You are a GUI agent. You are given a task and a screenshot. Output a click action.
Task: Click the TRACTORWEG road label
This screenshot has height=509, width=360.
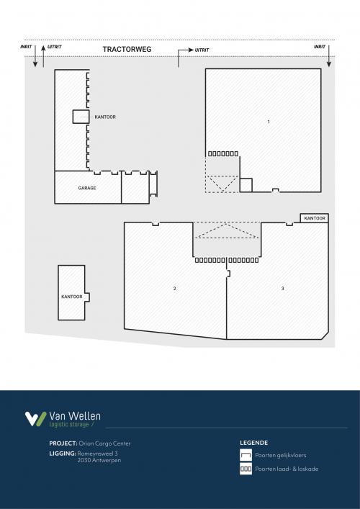[126, 50]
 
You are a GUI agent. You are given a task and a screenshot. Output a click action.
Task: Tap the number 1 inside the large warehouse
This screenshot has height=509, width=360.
[268, 122]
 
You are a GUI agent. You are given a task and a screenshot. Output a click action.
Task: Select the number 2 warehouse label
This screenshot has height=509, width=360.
[174, 289]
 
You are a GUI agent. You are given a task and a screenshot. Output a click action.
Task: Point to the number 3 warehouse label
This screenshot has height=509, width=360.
[283, 289]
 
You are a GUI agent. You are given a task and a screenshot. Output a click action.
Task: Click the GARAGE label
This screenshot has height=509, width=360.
[87, 188]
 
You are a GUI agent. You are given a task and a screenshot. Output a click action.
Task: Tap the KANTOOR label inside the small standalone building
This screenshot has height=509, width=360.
[71, 297]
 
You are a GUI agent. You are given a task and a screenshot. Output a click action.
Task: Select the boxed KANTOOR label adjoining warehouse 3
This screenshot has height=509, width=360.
[315, 218]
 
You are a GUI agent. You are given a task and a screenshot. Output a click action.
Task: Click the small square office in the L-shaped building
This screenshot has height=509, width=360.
[79, 117]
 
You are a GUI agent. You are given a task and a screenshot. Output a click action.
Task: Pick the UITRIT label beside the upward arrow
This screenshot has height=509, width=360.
[54, 46]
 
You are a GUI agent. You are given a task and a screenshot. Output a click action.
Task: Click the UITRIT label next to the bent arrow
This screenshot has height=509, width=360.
[202, 50]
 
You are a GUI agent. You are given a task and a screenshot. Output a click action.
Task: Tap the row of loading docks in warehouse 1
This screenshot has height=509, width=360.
[222, 153]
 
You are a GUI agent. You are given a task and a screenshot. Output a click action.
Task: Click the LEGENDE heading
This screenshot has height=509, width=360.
[253, 443]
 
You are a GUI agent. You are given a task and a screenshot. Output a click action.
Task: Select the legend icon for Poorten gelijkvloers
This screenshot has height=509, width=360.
[246, 455]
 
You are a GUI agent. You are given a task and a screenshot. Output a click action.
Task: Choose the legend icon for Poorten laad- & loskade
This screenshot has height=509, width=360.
[246, 469]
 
